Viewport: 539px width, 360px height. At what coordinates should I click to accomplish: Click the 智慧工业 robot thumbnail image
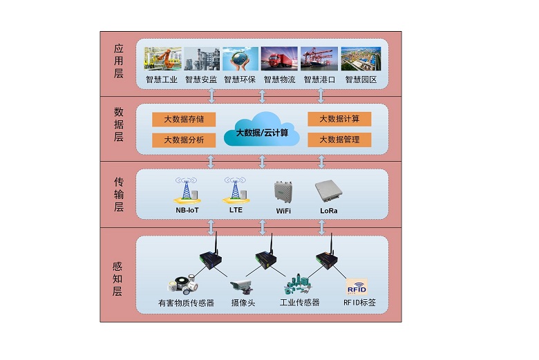pos(162,59)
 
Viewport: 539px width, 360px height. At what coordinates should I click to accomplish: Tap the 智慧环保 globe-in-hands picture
pos(240,59)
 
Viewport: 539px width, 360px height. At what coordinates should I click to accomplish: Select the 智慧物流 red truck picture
pos(280,59)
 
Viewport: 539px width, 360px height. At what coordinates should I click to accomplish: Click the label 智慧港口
pos(319,80)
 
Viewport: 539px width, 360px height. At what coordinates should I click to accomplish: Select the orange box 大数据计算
pos(339,119)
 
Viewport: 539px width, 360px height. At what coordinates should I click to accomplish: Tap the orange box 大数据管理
pos(339,140)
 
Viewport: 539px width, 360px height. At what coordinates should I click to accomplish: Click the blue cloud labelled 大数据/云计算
pos(262,129)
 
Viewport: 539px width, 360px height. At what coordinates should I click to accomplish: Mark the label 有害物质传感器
pos(187,303)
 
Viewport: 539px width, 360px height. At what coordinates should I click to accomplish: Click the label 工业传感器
pos(299,303)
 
